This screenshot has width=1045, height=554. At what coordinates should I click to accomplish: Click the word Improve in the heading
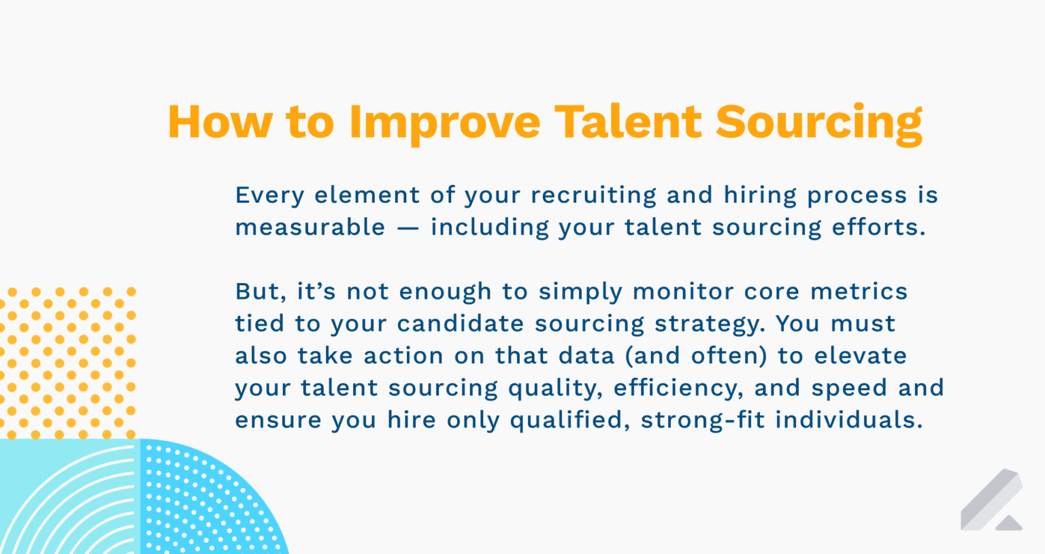point(444,123)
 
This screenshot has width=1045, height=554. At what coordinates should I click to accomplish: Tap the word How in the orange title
point(219,123)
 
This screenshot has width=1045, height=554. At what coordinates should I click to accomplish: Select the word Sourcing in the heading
point(818,123)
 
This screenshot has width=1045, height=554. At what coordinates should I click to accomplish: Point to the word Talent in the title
point(628,123)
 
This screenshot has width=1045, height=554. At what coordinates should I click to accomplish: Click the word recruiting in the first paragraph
point(593,195)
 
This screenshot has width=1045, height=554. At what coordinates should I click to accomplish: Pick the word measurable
point(310,227)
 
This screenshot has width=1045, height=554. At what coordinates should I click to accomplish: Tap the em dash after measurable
point(408,228)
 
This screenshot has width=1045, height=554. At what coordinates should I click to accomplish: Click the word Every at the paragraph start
point(269,195)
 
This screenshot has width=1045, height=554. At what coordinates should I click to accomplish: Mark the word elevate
point(860,356)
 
